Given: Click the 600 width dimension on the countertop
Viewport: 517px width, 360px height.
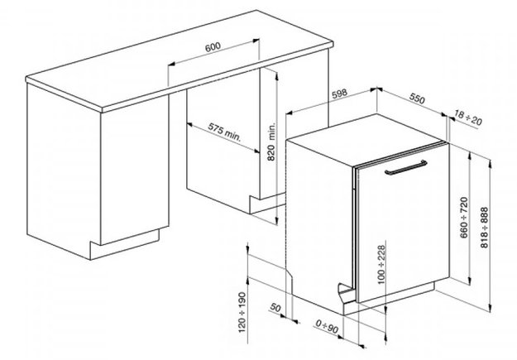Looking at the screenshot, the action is coord(213,47).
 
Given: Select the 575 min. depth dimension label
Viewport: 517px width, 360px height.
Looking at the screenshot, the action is coord(224,132).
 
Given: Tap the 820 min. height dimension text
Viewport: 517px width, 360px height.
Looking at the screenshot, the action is coord(271,142).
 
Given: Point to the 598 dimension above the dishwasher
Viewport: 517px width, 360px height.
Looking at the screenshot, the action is coord(339,94).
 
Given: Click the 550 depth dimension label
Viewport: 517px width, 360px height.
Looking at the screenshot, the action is coord(417,98).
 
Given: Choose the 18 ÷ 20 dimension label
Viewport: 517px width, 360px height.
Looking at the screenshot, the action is coord(468,118).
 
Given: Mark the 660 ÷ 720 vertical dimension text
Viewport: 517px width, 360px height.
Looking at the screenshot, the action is coord(464,218).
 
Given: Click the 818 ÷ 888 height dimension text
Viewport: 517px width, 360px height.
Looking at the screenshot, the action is coord(485,228).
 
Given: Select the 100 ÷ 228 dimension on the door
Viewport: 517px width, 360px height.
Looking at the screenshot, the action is coord(381,265).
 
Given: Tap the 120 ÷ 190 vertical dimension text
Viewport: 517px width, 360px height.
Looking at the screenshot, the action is coord(242,312).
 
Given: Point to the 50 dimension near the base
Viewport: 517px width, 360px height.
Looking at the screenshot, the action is coord(275,308).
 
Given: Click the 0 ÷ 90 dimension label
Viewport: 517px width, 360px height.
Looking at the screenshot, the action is coord(327,327).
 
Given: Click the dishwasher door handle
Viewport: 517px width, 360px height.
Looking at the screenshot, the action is coord(406,167).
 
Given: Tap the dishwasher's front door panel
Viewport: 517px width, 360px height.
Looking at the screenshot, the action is coord(403,224).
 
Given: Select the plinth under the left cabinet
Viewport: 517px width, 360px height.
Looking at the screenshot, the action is coord(125,244).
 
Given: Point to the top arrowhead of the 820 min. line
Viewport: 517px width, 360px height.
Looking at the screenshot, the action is coord(276,74).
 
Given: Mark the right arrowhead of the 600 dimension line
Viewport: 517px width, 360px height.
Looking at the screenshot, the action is coord(256,41).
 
